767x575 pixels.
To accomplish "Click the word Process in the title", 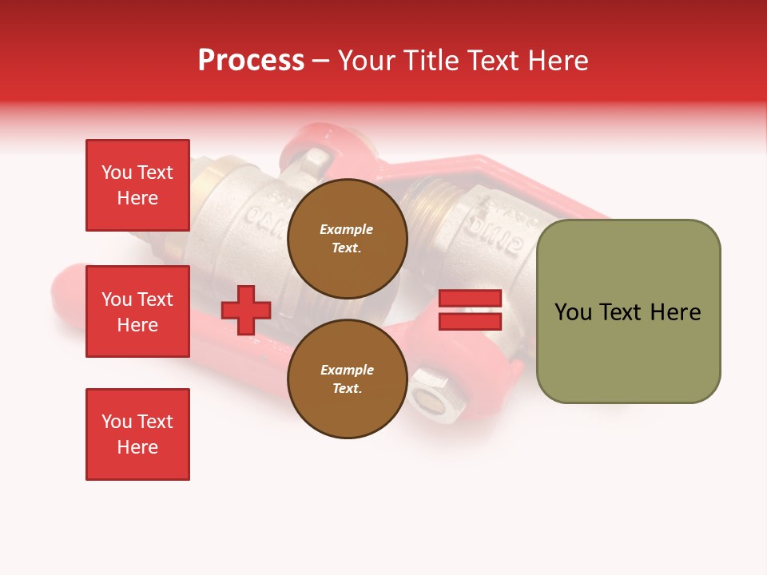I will (x=251, y=60).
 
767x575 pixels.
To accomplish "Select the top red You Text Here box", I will (x=137, y=185).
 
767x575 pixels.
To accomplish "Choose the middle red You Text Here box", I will (x=137, y=311).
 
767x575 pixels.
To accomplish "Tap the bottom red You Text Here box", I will (x=137, y=434).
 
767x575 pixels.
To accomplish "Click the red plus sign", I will (x=246, y=310).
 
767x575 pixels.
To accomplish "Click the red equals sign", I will (x=470, y=310).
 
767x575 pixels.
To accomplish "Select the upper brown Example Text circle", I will (x=347, y=238).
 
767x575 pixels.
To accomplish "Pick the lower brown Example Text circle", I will (x=347, y=379).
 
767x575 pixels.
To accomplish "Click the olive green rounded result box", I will (x=628, y=311).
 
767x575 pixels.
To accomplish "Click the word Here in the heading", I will (x=558, y=60).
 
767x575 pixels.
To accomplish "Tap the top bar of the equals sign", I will (x=470, y=299).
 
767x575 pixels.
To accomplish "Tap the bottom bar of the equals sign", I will (x=470, y=321).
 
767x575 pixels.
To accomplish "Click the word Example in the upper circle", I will (x=347, y=229).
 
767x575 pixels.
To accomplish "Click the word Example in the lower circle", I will (x=347, y=370).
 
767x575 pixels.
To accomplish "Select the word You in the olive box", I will (x=573, y=312).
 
